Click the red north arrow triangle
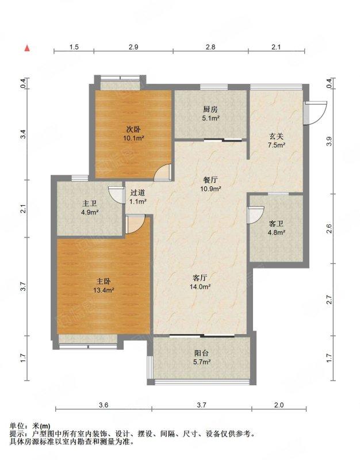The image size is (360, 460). (27, 48)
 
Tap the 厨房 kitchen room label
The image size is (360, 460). (210, 109)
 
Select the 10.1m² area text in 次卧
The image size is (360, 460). (133, 138)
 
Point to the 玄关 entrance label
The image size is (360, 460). (277, 136)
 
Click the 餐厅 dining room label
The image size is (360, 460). (210, 179)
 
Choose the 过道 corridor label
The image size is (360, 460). (137, 193)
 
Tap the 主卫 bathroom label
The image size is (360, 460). (90, 204)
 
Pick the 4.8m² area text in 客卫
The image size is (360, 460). (277, 233)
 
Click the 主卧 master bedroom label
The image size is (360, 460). (104, 281)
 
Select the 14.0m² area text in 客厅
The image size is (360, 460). (200, 286)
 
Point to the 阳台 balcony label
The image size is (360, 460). (201, 353)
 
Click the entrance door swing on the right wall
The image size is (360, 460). (315, 113)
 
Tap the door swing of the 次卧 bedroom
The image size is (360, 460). (163, 172)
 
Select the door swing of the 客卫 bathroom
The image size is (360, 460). (255, 215)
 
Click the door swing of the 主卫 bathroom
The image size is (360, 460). (117, 194)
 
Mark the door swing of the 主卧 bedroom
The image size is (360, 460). (135, 224)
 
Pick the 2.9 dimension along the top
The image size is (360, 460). (133, 47)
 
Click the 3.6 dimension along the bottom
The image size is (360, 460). (104, 405)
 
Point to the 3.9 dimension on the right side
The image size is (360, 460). (330, 141)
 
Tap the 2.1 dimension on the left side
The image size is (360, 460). (24, 209)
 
